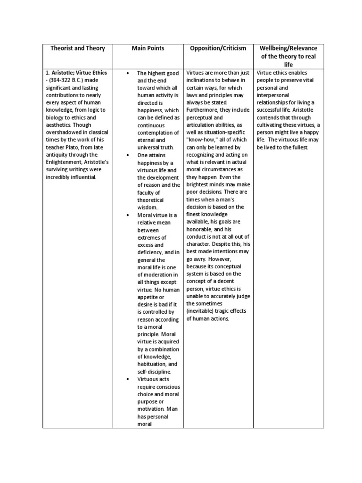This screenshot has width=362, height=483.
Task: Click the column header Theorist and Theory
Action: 77,49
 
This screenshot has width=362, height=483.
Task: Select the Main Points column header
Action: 148,49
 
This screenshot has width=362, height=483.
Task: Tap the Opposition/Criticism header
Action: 218,49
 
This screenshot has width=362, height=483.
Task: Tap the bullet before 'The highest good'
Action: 128,74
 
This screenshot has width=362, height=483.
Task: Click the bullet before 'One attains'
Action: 128,155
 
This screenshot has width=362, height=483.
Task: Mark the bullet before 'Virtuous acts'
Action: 128,379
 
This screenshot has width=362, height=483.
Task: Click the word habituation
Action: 152,364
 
